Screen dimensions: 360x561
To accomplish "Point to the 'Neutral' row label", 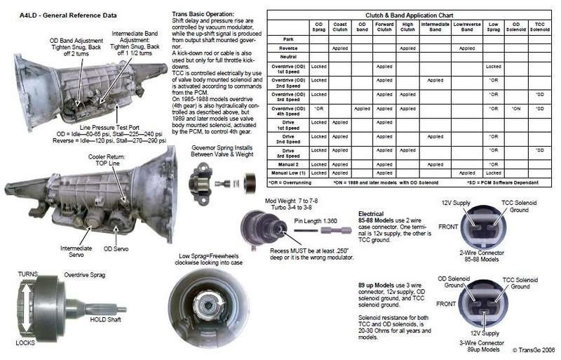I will [x=289, y=57].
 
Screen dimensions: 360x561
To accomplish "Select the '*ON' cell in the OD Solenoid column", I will [x=515, y=109].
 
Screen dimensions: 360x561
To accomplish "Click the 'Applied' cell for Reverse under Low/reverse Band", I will [x=466, y=48].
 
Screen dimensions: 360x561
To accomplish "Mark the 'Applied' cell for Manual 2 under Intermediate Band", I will [x=435, y=164].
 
